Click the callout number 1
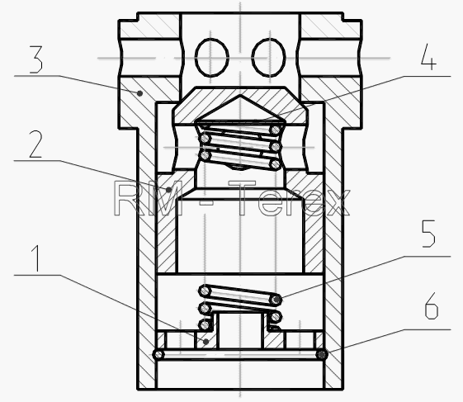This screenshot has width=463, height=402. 36,258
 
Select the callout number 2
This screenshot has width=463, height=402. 35,144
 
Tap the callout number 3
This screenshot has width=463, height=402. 36,59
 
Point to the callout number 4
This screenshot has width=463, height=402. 428,57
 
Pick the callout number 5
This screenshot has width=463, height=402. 428,234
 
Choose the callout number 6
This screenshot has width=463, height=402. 432,306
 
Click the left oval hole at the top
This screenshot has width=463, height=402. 212,58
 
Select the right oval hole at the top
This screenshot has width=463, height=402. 269,58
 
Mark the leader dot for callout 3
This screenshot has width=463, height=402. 140,93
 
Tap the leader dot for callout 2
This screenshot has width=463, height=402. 168,190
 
